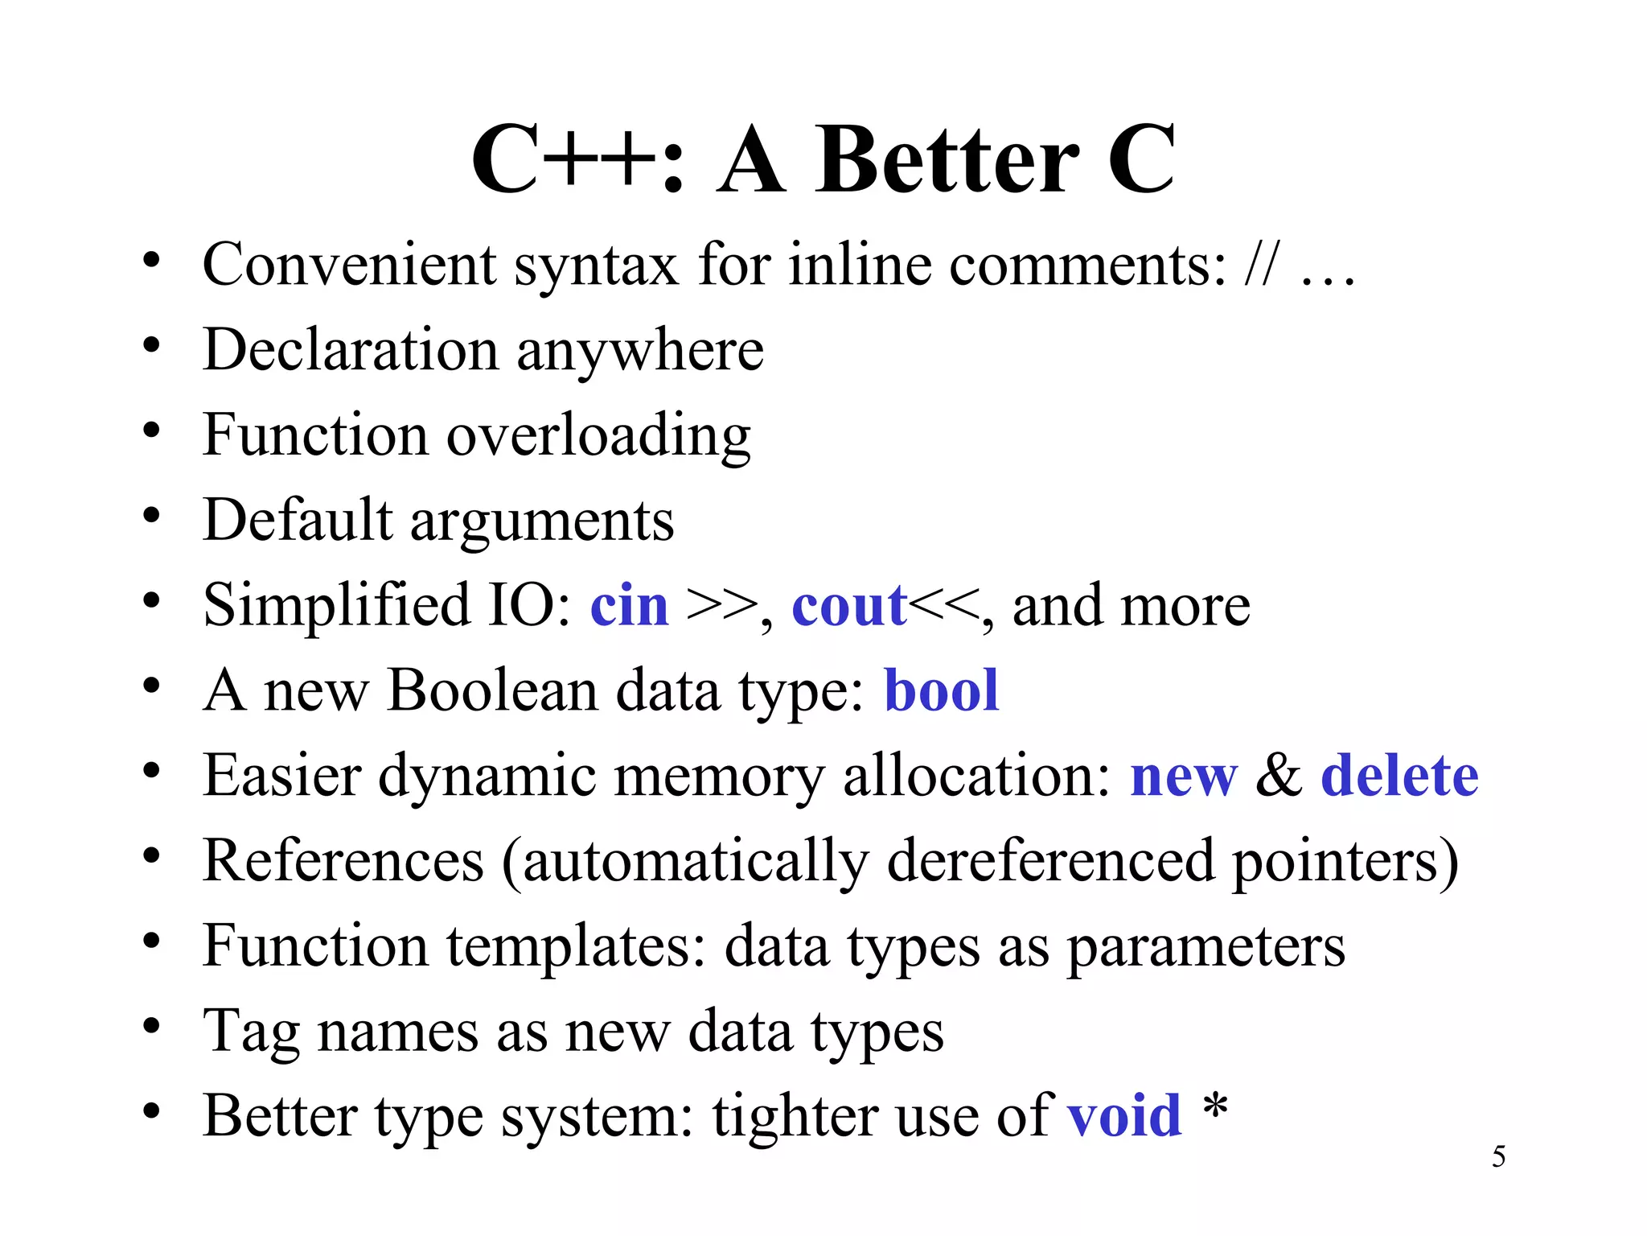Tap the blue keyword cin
[629, 606]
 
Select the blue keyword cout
[849, 606]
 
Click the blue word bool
[941, 690]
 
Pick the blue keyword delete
[1399, 776]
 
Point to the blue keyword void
[1124, 1116]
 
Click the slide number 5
[1499, 1157]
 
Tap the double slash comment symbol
[1259, 264]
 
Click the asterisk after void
[1215, 1107]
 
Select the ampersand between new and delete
[1279, 776]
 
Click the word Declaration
[351, 350]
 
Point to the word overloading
[598, 436]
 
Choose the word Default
[298, 520]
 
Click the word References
[343, 861]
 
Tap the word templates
[576, 946]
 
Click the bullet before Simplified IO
[151, 600]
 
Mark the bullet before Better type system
[151, 1111]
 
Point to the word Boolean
[491, 690]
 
